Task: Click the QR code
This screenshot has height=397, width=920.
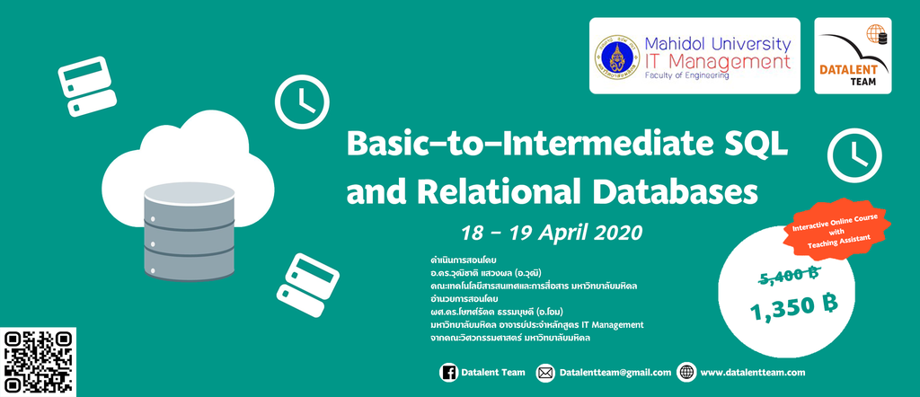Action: (x=39, y=362)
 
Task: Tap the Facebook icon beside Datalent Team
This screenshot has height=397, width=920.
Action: (x=448, y=373)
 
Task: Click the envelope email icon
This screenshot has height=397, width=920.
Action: (x=545, y=373)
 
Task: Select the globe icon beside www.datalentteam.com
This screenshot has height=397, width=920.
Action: (x=686, y=373)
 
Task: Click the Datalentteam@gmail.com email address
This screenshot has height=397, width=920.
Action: (x=615, y=373)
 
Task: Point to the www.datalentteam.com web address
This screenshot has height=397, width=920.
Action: (x=752, y=373)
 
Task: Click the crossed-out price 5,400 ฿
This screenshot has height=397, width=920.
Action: (x=789, y=275)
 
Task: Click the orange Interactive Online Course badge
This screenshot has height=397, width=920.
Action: (x=836, y=230)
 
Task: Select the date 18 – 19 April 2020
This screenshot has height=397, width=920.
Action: (x=552, y=233)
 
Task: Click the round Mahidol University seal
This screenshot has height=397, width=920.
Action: (x=616, y=57)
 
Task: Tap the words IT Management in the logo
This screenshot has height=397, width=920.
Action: (x=718, y=61)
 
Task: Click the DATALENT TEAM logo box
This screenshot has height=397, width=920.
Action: (x=853, y=56)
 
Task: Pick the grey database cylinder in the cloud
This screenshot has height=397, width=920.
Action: (x=189, y=231)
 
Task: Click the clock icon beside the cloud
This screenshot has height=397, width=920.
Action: (x=302, y=102)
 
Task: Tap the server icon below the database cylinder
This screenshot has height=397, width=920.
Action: (x=308, y=285)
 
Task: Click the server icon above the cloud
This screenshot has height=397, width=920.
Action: (x=87, y=86)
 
